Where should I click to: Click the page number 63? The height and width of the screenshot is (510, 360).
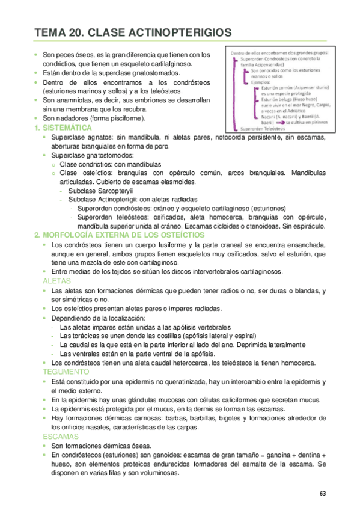[x=323, y=493]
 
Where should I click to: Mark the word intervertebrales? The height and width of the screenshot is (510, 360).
[x=198, y=271]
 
